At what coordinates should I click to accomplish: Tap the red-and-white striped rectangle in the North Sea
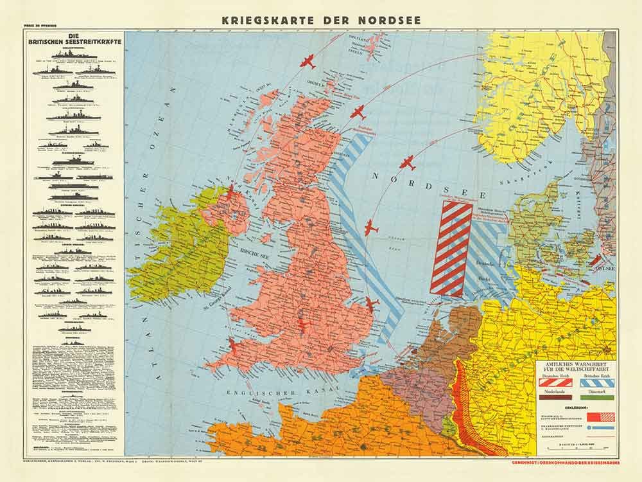[x=451, y=247]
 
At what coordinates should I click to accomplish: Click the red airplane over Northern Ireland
[x=230, y=192]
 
